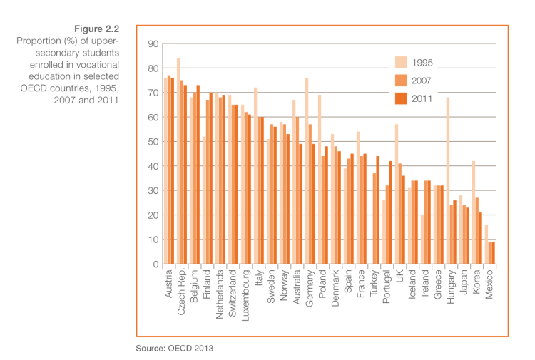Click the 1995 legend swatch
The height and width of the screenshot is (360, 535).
(x=400, y=63)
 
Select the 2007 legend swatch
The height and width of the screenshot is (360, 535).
(x=400, y=81)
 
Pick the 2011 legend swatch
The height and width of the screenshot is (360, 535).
(x=400, y=98)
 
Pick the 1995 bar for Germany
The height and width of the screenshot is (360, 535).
(x=307, y=171)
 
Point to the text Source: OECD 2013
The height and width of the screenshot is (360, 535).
(x=175, y=349)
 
